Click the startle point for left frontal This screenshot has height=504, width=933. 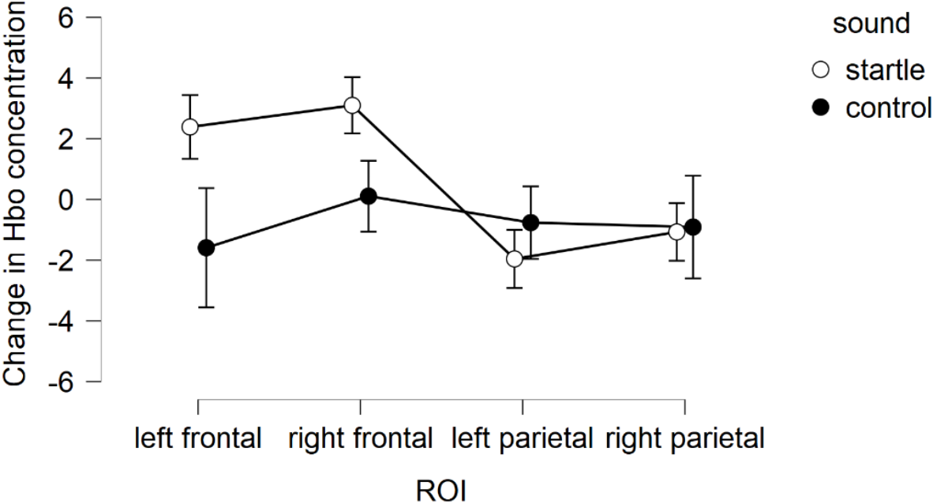[189, 126]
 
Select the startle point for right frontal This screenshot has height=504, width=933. [352, 105]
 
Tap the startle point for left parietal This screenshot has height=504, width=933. [515, 258]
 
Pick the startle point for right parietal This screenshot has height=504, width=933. [676, 231]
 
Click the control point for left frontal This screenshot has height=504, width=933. [206, 247]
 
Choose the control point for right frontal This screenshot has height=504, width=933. [369, 196]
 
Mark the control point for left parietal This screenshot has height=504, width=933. [531, 223]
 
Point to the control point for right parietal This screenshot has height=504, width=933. [693, 228]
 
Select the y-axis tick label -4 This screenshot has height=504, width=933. [60, 321]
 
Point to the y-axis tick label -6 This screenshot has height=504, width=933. [60, 382]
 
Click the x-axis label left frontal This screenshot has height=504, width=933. [197, 438]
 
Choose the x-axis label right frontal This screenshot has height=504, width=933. [361, 438]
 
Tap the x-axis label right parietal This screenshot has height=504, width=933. [684, 438]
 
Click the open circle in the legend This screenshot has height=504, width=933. [820, 71]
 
